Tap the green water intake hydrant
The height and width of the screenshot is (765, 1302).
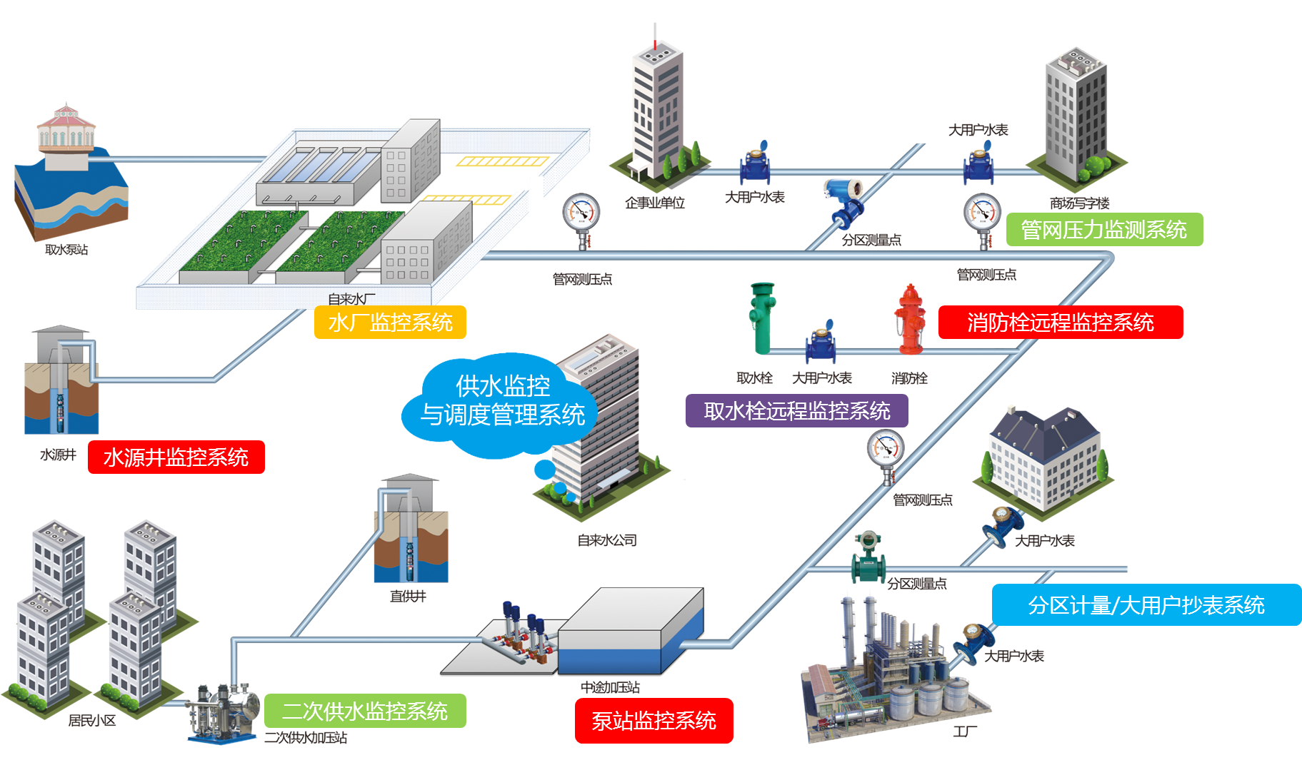click(x=762, y=318)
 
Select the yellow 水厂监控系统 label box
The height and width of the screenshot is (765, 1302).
click(x=390, y=323)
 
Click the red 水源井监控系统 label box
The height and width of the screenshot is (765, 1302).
click(x=176, y=457)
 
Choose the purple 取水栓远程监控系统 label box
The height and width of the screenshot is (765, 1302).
click(x=796, y=411)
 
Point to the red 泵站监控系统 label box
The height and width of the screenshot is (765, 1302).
click(x=653, y=721)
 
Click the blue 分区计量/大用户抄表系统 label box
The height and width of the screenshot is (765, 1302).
click(x=1146, y=605)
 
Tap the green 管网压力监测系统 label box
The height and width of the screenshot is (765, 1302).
click(x=1104, y=230)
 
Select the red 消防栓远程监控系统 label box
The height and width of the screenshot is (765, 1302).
click(x=1060, y=323)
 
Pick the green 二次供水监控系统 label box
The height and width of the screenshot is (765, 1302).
click(x=365, y=711)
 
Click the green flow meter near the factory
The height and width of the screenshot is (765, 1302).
click(x=868, y=557)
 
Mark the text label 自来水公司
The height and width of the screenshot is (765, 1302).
click(x=607, y=540)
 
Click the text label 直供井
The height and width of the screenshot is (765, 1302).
click(x=408, y=596)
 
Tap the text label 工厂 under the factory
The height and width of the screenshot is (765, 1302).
click(x=965, y=731)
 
